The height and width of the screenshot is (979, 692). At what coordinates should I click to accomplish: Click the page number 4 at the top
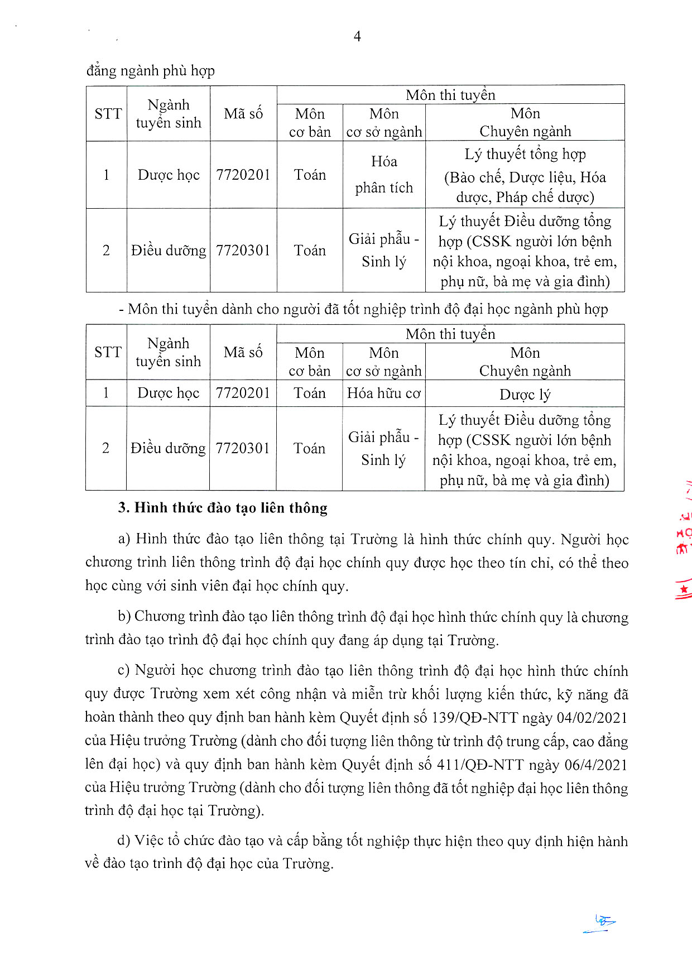357,37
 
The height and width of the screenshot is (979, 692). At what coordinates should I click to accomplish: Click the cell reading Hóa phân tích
384,175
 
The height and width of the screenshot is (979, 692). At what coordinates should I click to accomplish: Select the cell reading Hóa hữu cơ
383,393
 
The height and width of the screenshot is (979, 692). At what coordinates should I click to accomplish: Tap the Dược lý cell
525,395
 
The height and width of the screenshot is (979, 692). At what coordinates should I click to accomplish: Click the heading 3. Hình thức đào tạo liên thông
223,508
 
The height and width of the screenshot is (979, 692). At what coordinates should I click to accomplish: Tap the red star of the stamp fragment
684,589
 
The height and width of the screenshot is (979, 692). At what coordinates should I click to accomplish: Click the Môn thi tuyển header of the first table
450,95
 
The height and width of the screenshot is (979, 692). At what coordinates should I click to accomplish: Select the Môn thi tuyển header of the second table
450,334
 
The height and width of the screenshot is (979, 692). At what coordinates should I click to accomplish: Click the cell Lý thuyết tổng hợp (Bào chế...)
525,175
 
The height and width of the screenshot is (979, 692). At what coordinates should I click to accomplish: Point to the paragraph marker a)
124,539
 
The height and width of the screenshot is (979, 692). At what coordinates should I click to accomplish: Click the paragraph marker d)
124,841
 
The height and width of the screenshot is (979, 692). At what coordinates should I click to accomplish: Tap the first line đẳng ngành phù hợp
151,71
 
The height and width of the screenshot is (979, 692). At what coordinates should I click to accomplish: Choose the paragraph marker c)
124,671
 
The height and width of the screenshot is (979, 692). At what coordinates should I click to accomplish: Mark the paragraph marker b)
124,617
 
